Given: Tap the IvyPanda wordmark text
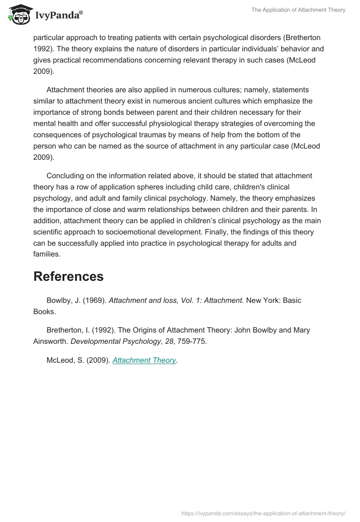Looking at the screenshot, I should (x=58, y=15).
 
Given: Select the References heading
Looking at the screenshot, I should (x=68, y=276).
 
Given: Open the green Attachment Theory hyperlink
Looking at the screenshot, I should (x=144, y=360).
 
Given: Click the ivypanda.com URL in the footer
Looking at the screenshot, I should (x=263, y=513).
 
